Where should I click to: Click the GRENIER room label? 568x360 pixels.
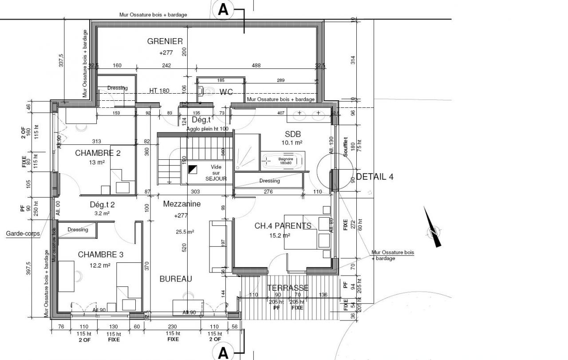click(x=165, y=41)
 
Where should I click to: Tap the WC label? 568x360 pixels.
click(x=226, y=92)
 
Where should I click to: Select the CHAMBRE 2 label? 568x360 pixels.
click(x=98, y=153)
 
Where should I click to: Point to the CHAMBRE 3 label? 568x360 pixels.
click(x=100, y=255)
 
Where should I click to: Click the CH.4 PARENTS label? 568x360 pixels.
click(x=283, y=226)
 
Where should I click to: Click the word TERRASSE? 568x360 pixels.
click(x=288, y=288)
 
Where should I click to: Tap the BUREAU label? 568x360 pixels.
click(x=176, y=279)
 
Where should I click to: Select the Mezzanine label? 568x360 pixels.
click(x=182, y=204)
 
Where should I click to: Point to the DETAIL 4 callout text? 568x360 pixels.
click(x=375, y=177)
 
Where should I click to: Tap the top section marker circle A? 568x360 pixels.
click(x=223, y=10)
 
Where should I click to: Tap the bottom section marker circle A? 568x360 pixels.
click(x=223, y=353)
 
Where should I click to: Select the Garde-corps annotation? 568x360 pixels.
click(x=23, y=233)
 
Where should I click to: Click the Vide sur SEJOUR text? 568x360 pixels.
click(x=216, y=173)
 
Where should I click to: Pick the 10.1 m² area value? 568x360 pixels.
click(x=292, y=143)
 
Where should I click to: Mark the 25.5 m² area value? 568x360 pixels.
click(x=185, y=232)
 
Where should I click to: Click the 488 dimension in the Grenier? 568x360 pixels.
click(x=256, y=66)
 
